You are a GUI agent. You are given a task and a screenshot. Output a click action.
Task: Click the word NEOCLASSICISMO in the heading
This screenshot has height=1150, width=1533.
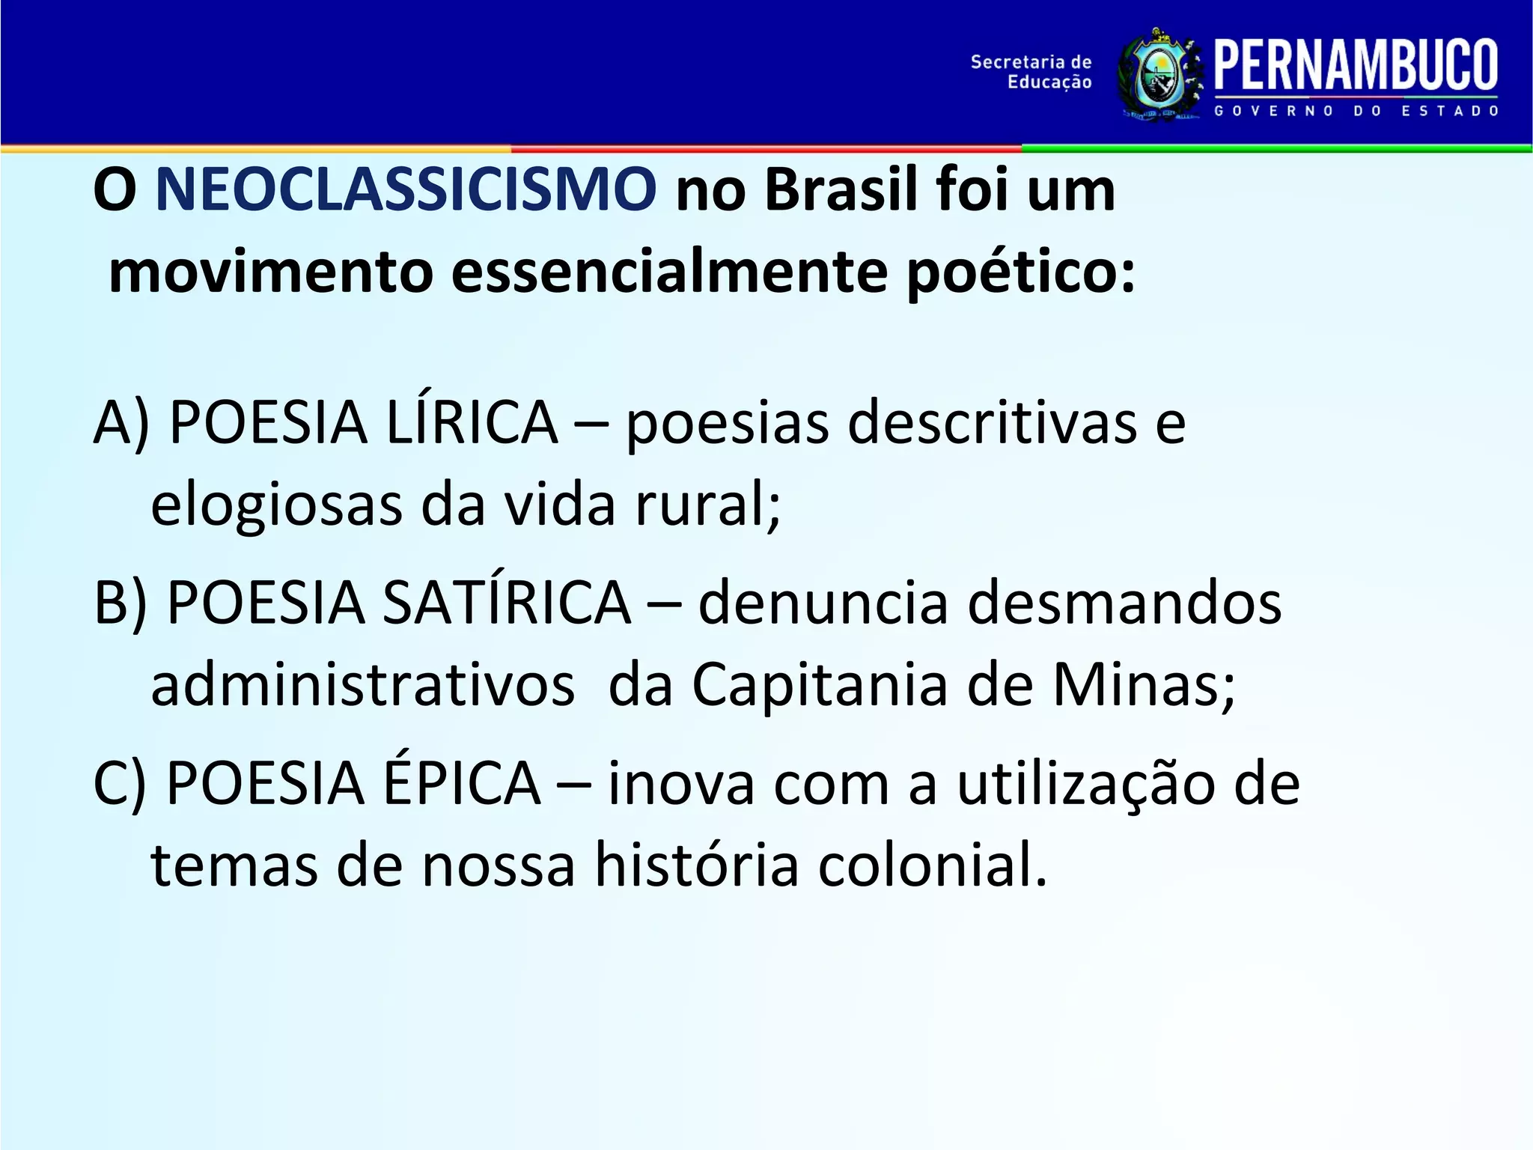pyautogui.click(x=405, y=190)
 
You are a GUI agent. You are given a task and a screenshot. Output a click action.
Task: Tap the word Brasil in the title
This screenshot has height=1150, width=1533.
pyautogui.click(x=841, y=190)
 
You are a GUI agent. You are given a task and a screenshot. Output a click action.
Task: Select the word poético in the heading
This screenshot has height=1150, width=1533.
pyautogui.click(x=1021, y=273)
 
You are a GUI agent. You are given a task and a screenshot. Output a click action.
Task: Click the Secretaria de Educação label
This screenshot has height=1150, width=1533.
pyautogui.click(x=1031, y=72)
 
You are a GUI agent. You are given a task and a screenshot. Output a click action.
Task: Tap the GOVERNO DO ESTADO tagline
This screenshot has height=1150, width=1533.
pyautogui.click(x=1356, y=111)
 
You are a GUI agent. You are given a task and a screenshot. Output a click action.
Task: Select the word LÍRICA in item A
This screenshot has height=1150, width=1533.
pyautogui.click(x=472, y=422)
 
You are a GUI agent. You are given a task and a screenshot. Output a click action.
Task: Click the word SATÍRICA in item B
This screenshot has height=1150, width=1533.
pyautogui.click(x=506, y=603)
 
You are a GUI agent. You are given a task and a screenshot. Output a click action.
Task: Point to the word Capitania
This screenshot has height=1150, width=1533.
pyautogui.click(x=819, y=684)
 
